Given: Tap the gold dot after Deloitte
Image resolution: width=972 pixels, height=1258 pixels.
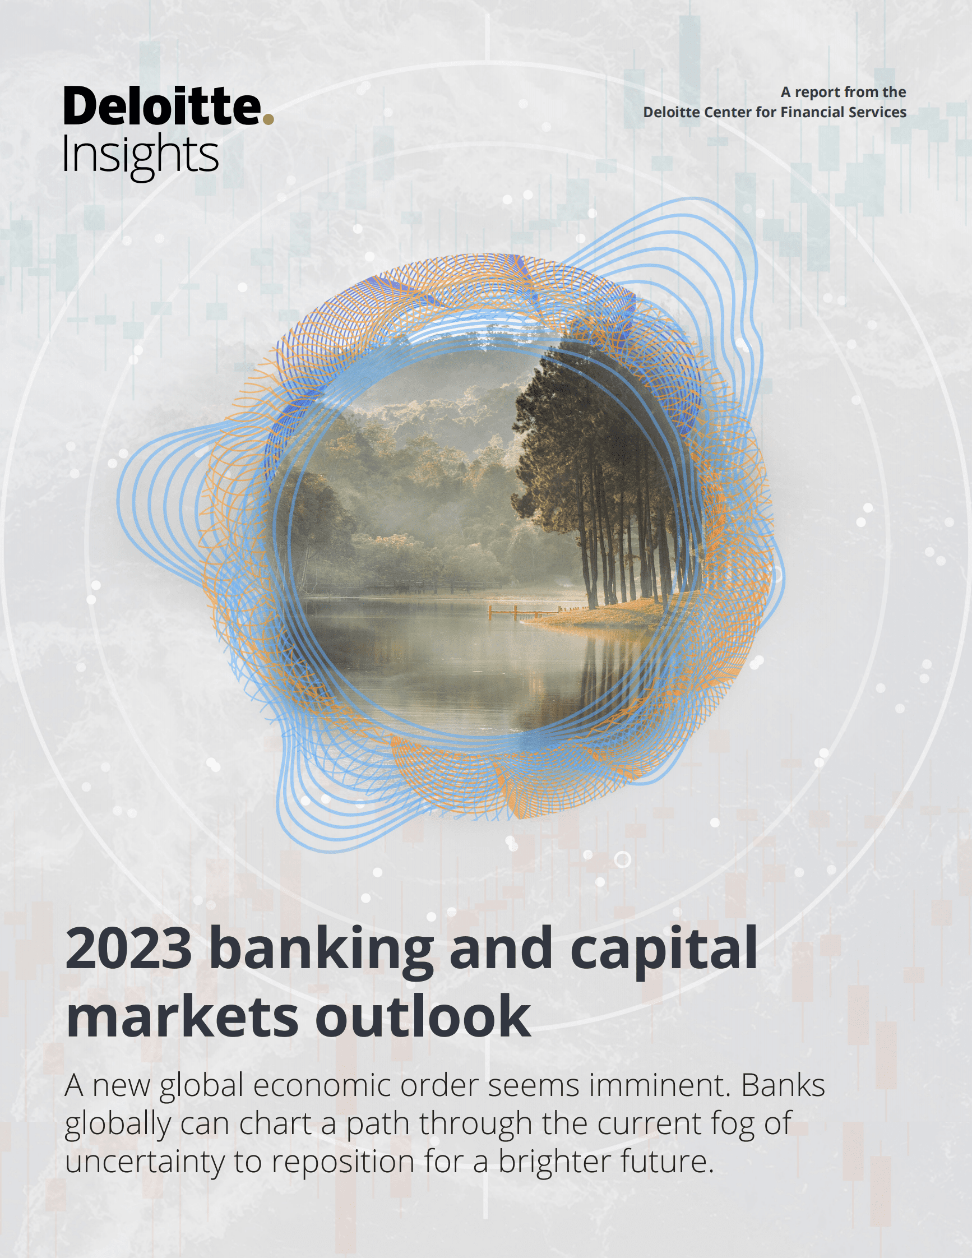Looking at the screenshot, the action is [x=268, y=119].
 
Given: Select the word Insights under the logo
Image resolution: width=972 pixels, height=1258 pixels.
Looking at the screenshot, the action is [x=140, y=155].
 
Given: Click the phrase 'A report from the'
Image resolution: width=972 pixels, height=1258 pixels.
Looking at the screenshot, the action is [x=843, y=92].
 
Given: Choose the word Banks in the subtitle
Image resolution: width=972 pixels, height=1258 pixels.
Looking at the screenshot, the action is [x=783, y=1086].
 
